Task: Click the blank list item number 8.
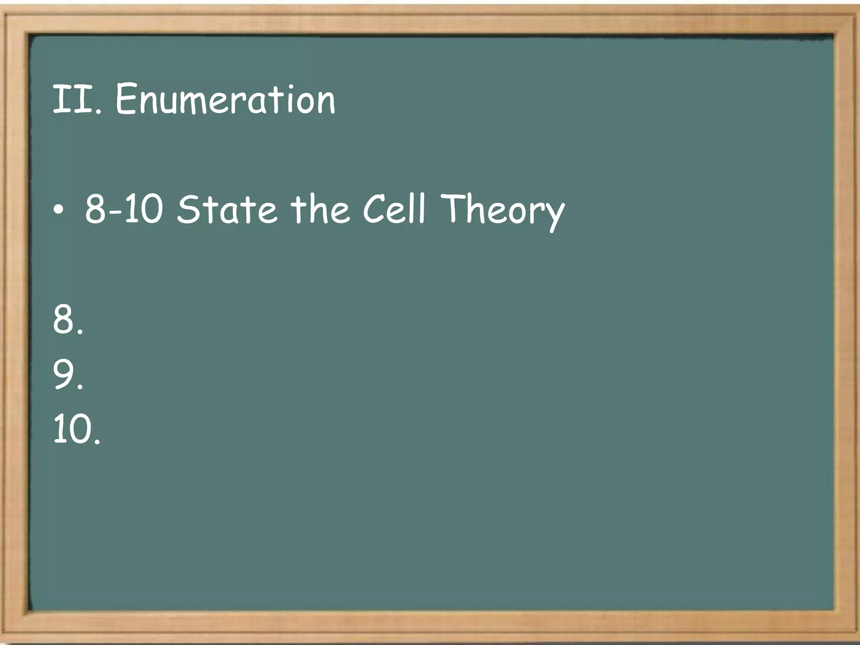[x=67, y=320]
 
